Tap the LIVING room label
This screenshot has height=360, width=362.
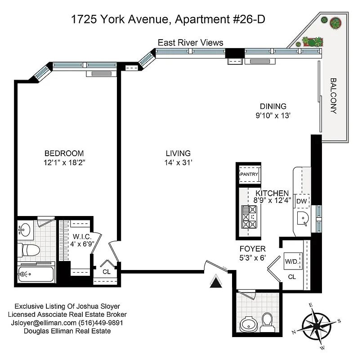[x=178, y=153]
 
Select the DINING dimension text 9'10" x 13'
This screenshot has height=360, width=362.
[x=273, y=115]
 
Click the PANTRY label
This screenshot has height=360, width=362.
[x=248, y=174]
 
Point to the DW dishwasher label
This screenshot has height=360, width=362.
[x=301, y=201]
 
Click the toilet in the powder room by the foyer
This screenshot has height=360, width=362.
[x=267, y=321]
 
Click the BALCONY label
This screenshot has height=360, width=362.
[x=333, y=96]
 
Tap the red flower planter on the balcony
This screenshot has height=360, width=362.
[x=335, y=22]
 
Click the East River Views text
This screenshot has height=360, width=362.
[x=190, y=43]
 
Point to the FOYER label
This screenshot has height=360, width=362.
[x=253, y=248]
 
